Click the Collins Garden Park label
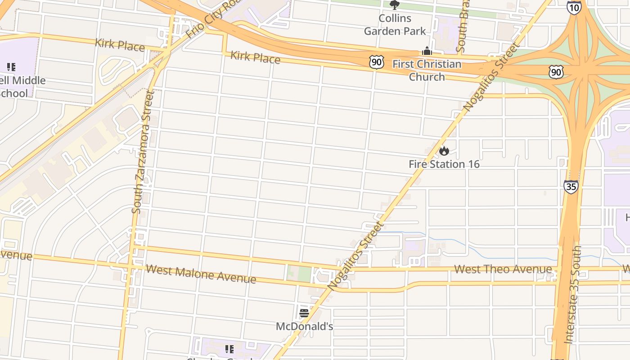click(395, 25)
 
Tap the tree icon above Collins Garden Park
click(395, 5)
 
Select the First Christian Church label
click(427, 70)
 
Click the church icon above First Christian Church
click(427, 51)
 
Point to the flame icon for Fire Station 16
click(444, 151)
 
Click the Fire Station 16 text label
click(444, 164)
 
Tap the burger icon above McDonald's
click(304, 313)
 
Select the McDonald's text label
click(304, 326)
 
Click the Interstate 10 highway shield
click(574, 8)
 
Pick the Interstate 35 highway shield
click(571, 186)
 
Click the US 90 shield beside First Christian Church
click(377, 63)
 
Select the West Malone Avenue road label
click(201, 274)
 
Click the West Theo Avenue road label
click(503, 269)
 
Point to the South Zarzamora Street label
click(143, 152)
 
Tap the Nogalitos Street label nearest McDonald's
click(355, 256)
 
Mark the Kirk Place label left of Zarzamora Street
click(120, 45)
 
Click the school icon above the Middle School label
click(11, 67)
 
